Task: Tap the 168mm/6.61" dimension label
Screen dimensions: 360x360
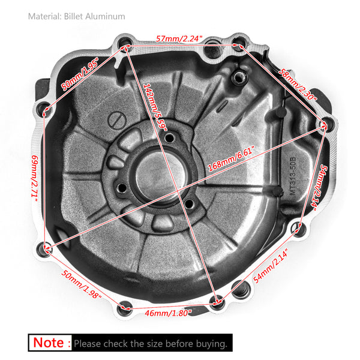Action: coord(230,161)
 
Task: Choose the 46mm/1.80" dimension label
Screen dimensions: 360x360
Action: coord(169,312)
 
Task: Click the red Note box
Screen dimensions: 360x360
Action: coord(50,343)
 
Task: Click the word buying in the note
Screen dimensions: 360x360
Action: coord(211,344)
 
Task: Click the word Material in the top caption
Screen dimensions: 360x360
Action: coord(44,16)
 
